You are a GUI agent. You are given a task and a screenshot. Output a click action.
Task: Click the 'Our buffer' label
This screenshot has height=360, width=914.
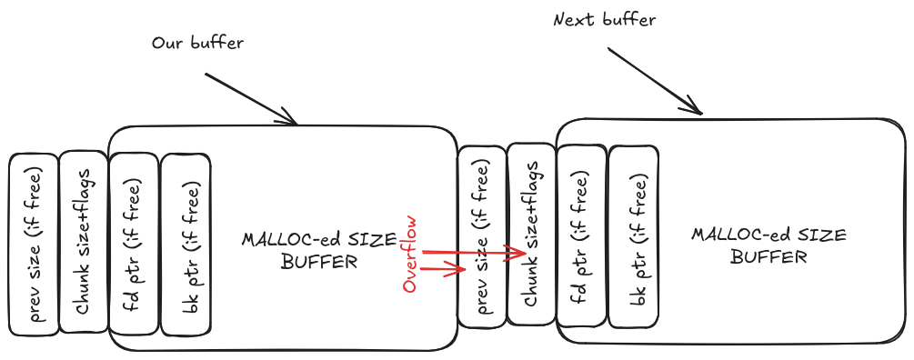[197, 43]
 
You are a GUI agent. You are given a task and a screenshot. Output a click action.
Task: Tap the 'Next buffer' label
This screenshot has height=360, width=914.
[604, 19]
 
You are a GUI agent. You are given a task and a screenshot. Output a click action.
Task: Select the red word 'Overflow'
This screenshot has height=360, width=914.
[410, 254]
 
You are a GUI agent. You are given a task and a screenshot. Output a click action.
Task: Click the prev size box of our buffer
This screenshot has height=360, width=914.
[34, 243]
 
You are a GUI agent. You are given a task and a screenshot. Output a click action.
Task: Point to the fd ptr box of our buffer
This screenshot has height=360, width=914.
[134, 243]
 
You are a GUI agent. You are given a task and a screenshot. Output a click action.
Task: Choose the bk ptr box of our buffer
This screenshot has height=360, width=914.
[186, 243]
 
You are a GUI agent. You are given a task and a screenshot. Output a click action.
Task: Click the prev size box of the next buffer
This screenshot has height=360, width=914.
[482, 236]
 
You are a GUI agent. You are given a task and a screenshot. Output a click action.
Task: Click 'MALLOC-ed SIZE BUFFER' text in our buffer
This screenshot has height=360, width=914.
[318, 251]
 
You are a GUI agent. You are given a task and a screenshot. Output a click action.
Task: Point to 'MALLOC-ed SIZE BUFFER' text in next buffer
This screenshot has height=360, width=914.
[768, 245]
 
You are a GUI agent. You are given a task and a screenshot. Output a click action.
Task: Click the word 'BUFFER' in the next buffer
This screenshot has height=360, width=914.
[768, 257]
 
